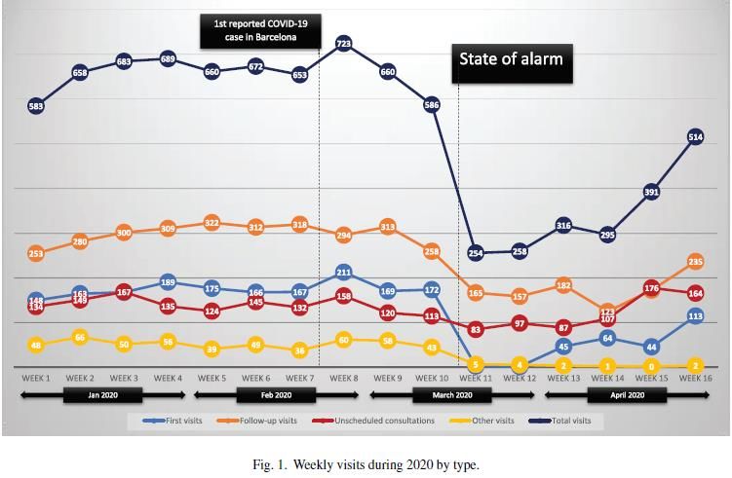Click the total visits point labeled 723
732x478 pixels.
click(343, 43)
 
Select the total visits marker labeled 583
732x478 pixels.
click(35, 105)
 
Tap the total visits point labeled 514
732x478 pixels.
click(696, 137)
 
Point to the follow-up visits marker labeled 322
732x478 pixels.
click(212, 223)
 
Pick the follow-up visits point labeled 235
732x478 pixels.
click(696, 261)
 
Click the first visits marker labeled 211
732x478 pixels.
click(343, 273)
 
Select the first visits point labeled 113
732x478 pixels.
click(696, 315)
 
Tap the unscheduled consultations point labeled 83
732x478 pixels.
click(476, 329)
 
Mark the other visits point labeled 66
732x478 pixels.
click(80, 337)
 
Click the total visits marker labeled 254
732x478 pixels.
click(476, 253)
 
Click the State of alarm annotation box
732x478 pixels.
click(511, 58)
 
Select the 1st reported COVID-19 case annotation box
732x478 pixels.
click(261, 30)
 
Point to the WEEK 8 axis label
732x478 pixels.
click(343, 378)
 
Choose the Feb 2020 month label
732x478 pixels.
click(276, 395)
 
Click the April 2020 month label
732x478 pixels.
click(627, 395)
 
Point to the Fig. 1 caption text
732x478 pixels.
click(366, 464)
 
